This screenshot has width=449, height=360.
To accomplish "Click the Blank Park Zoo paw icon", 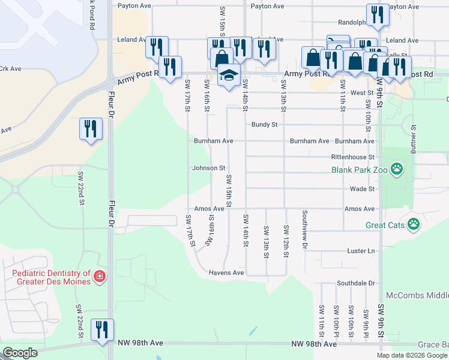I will pyautogui.click(x=396, y=170).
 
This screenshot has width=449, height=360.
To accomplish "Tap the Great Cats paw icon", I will pyautogui.click(x=413, y=225).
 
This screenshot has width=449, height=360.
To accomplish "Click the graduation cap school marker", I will pyautogui.click(x=229, y=76).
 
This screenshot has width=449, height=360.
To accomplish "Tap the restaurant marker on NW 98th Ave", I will pyautogui.click(x=101, y=329).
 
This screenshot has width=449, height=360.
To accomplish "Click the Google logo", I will pyautogui.click(x=20, y=352).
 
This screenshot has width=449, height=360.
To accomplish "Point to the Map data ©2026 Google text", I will pyautogui.click(x=411, y=355).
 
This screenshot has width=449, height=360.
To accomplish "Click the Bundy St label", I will pyautogui.click(x=264, y=125).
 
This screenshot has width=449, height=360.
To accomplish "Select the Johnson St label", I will pyautogui.click(x=208, y=168).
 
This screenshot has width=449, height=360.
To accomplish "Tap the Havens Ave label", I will pyautogui.click(x=226, y=272).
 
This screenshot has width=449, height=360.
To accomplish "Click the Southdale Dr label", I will pyautogui.click(x=355, y=283).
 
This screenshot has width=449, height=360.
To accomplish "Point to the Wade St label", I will pyautogui.click(x=363, y=188).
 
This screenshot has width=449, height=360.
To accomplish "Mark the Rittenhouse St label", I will pyautogui.click(x=353, y=157).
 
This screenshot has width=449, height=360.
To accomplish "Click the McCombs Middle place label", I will pyautogui.click(x=418, y=296).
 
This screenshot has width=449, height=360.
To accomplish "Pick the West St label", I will pyautogui.click(x=362, y=93).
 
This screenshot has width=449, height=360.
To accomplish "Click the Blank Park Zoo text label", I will pyautogui.click(x=360, y=170).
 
